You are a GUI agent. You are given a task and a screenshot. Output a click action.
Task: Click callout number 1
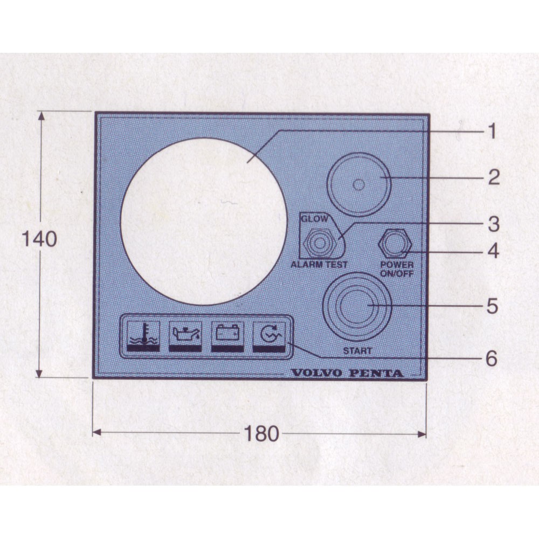click(492, 132)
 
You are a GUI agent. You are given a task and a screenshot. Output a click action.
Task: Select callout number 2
click(494, 177)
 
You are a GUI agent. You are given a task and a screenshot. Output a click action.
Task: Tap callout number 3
click(494, 224)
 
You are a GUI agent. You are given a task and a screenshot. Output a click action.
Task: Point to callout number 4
click(494, 251)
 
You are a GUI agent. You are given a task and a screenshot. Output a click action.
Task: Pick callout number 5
click(493, 306)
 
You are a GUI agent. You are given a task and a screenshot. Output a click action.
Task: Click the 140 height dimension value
click(39, 239)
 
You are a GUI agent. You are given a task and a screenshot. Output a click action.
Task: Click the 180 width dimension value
click(261, 434)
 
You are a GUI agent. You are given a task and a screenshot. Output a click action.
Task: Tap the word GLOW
click(315, 219)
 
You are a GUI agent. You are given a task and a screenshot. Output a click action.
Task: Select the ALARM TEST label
click(319, 265)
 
